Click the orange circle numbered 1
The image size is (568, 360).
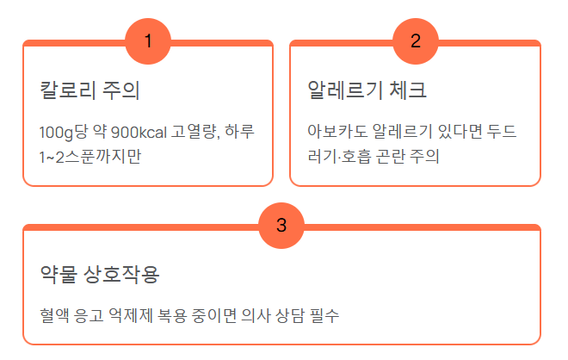148,41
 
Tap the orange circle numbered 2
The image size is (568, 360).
416,41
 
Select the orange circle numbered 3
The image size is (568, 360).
281,226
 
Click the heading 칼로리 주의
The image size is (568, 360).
90,90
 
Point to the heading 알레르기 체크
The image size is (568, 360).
367,90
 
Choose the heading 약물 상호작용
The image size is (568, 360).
100,275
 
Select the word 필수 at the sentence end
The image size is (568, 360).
325,315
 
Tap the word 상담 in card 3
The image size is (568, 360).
290,315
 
